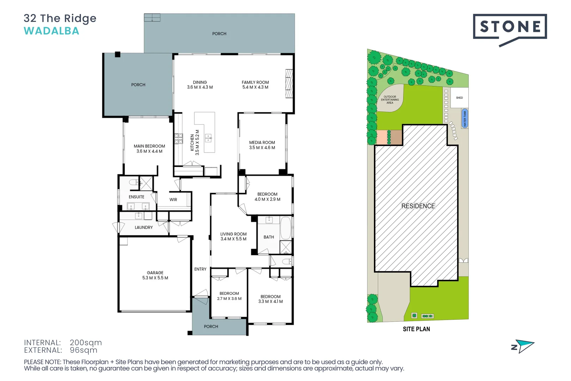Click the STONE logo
point(510,27)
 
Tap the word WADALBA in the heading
point(51,31)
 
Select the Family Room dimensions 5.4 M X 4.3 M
point(255,87)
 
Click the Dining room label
point(200,82)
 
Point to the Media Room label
point(262,143)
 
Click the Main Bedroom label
point(149,146)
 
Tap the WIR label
point(173,200)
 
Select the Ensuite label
point(136,197)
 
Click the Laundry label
point(143,228)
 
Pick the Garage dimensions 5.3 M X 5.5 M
point(155,278)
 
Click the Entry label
point(200,269)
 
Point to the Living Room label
point(233,234)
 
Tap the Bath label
point(269,237)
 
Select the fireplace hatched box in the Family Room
point(289,84)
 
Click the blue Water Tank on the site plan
point(465,119)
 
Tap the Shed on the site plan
point(459,98)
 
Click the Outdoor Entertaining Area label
point(390,99)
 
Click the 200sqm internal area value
point(86,343)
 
